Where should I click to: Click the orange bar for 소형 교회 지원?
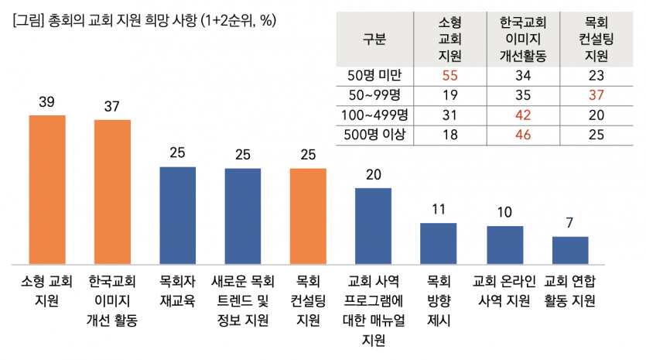pyautogui.click(x=47, y=189)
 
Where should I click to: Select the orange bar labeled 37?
pyautogui.click(x=112, y=191)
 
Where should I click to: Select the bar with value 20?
pyautogui.click(x=373, y=225)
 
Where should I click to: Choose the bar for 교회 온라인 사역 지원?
pyautogui.click(x=504, y=245)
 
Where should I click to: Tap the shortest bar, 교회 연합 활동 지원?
pyautogui.click(x=570, y=249)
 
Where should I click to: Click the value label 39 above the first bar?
pyautogui.click(x=47, y=102)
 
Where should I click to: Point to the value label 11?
pyautogui.click(x=439, y=210)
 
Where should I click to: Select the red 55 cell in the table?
pyautogui.click(x=449, y=75)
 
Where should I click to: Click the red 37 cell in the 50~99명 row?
pyautogui.click(x=596, y=95)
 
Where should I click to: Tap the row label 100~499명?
pyautogui.click(x=374, y=115)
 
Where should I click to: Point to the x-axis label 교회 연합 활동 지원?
pyautogui.click(x=570, y=290)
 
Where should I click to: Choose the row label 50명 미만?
pyautogui.click(x=374, y=75)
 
